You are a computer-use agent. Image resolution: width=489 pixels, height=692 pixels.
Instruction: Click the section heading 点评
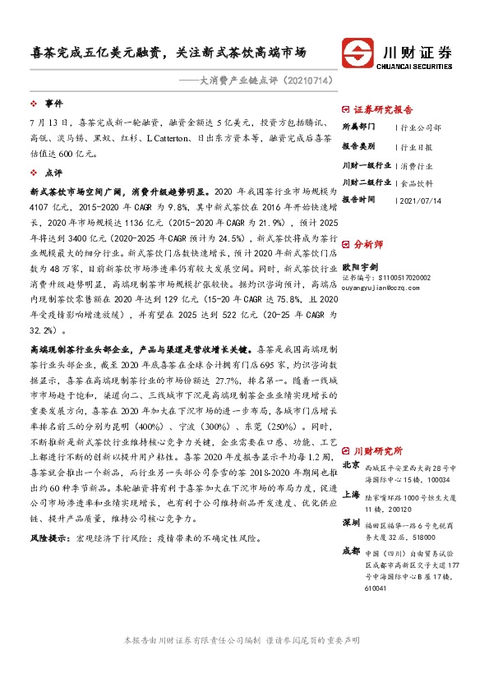(x=53, y=173)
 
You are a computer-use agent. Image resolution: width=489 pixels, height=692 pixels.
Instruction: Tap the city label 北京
(x=351, y=464)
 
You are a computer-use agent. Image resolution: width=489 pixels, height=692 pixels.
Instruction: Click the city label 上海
(x=351, y=495)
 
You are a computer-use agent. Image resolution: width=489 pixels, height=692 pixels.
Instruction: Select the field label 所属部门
(x=358, y=127)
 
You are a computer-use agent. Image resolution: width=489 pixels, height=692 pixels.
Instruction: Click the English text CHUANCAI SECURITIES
(x=417, y=68)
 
